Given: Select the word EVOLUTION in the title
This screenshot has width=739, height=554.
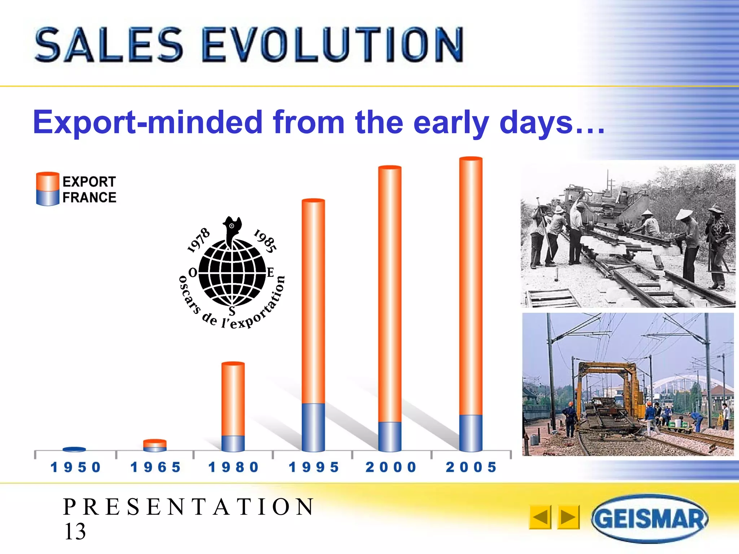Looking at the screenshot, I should [x=332, y=45].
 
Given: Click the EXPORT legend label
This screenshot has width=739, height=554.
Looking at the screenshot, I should [x=89, y=181].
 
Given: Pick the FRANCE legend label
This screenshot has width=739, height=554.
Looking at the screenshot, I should [x=89, y=198].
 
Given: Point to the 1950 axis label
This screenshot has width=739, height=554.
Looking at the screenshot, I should [x=75, y=467].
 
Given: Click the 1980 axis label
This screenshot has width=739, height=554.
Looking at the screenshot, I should [x=233, y=467].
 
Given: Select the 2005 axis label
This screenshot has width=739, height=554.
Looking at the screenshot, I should [x=471, y=467].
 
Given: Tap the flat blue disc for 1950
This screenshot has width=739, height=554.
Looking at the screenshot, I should [x=74, y=449].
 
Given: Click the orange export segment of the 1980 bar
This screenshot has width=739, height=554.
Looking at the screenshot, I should [x=233, y=399].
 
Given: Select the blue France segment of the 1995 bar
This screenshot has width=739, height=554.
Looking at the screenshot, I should [x=313, y=427].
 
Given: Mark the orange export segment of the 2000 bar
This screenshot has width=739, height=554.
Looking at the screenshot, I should [x=390, y=294].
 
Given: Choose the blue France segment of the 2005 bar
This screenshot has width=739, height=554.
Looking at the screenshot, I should [x=471, y=433].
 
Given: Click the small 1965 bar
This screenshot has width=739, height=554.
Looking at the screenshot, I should [x=155, y=445].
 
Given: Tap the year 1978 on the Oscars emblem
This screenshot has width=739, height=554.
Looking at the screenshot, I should [x=198, y=239].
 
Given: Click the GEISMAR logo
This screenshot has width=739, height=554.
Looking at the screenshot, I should [x=650, y=519].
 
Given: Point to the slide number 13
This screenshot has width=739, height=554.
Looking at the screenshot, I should [x=75, y=531].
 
